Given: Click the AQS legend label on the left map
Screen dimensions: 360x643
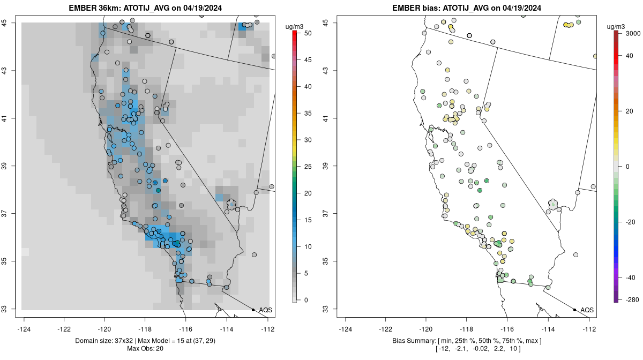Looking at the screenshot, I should [x=265, y=310].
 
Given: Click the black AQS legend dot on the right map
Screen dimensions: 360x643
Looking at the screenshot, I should [x=574, y=310].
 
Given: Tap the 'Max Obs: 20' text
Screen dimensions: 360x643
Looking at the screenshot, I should [x=145, y=349].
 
